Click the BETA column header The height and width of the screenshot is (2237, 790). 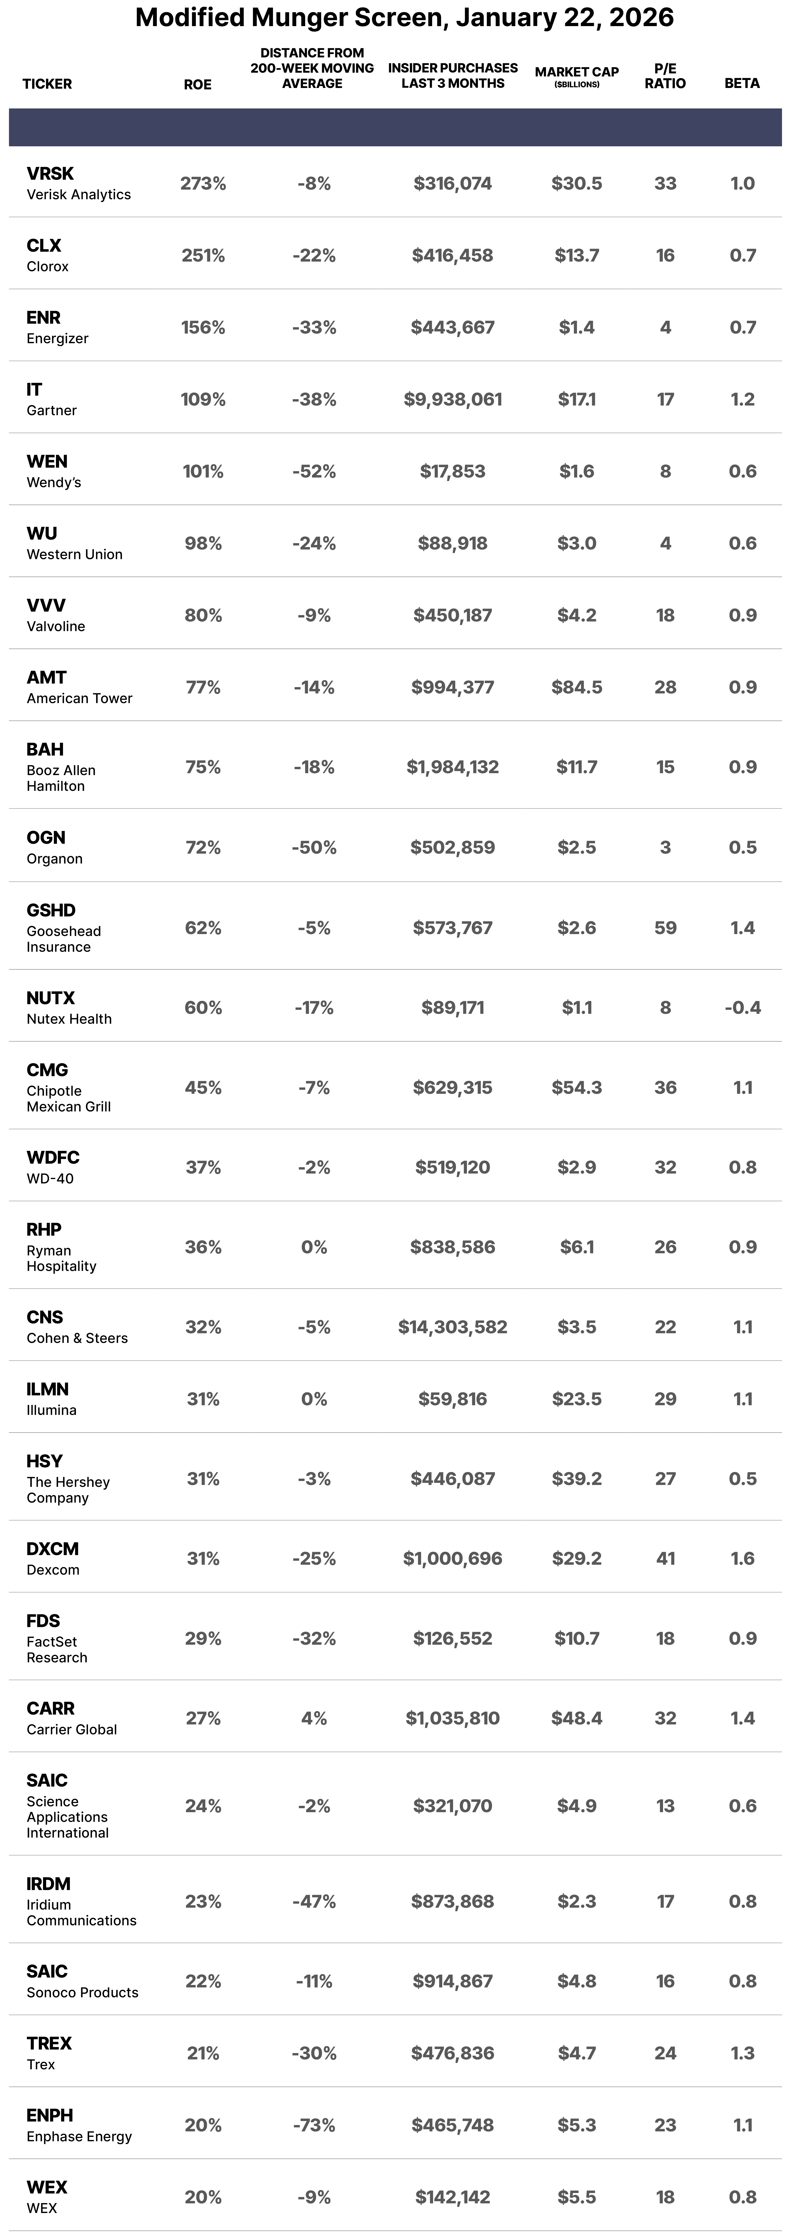pos(742,83)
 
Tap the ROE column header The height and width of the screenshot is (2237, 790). pos(198,84)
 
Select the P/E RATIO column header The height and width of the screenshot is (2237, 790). pos(665,76)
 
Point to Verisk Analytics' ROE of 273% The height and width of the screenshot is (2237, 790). pos(203,183)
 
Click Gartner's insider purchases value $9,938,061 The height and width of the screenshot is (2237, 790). pos(452,399)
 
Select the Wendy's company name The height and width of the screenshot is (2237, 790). pos(54,483)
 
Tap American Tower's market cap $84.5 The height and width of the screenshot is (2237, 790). pos(577,687)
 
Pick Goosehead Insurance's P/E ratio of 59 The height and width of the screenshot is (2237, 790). pos(665,927)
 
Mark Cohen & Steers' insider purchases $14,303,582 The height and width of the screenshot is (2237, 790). pos(452,1327)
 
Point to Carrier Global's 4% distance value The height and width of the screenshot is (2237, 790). pos(314,1718)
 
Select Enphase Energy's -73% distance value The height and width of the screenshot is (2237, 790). pos(314,2125)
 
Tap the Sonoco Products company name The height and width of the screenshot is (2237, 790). pos(83,1992)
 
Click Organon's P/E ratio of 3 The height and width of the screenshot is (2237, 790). pos(665,848)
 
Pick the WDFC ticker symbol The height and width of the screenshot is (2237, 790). pos(53,1158)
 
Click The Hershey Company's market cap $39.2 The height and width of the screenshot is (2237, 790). pos(577,1478)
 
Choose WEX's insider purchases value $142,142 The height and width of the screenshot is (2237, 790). pos(452,2197)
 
